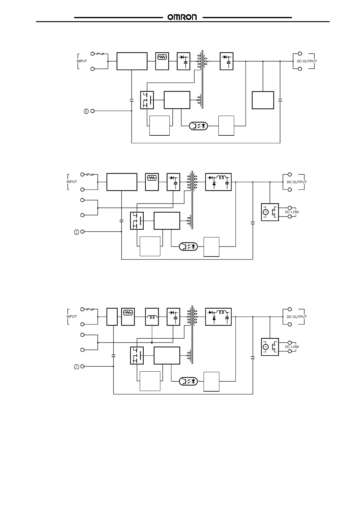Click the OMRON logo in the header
[x=182, y=17]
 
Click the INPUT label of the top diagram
[x=82, y=61]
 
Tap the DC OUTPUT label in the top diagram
[x=306, y=61]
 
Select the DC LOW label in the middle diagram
[x=292, y=212]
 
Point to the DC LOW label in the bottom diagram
[x=292, y=347]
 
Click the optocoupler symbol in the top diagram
[x=198, y=126]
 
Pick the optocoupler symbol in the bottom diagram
[x=188, y=381]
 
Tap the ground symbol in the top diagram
[x=86, y=111]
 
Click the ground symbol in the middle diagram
[x=77, y=232]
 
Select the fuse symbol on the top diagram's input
[x=100, y=54]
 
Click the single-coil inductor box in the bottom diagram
[x=152, y=317]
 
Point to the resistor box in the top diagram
[x=162, y=61]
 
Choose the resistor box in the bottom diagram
[x=128, y=317]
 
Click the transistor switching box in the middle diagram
[x=137, y=220]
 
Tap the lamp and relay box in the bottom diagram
[x=270, y=347]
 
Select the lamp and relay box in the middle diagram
[x=270, y=212]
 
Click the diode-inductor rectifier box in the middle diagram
[x=218, y=182]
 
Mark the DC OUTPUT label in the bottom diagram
[x=296, y=317]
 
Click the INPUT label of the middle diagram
[x=72, y=182]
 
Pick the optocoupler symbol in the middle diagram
[x=188, y=246]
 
